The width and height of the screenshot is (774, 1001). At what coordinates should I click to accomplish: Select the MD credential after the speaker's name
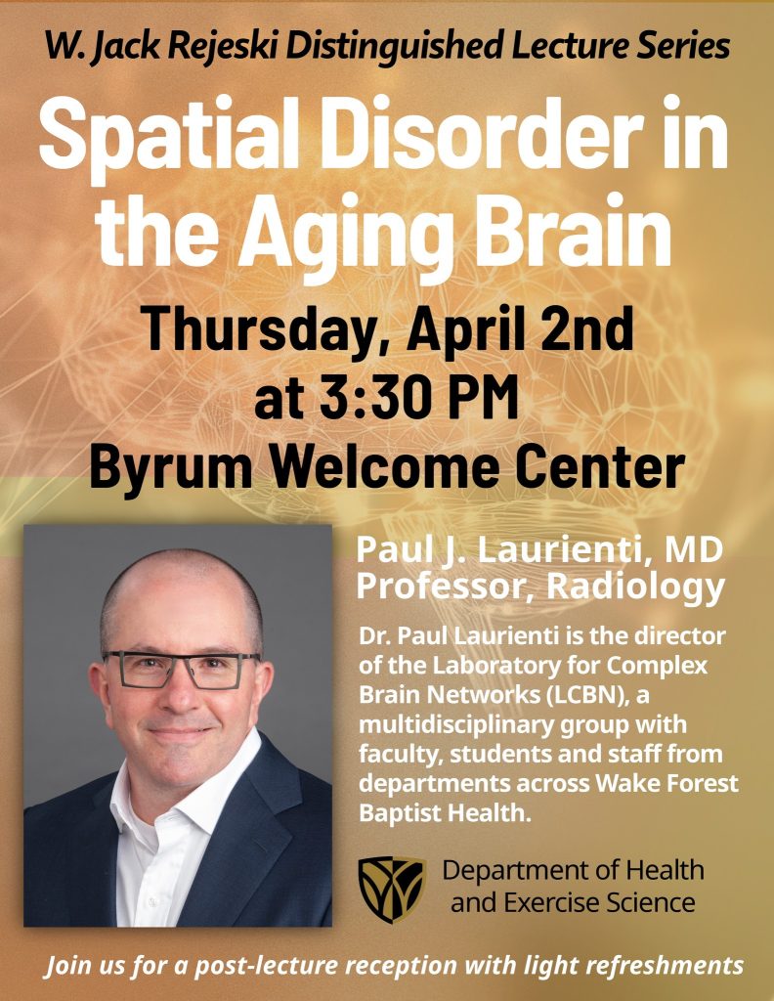(694, 551)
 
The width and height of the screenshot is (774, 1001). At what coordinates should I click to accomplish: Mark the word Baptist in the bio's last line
(400, 812)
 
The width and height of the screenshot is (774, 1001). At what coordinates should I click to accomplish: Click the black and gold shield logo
(391, 888)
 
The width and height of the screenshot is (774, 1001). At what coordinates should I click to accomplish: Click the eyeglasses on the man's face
(181, 670)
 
